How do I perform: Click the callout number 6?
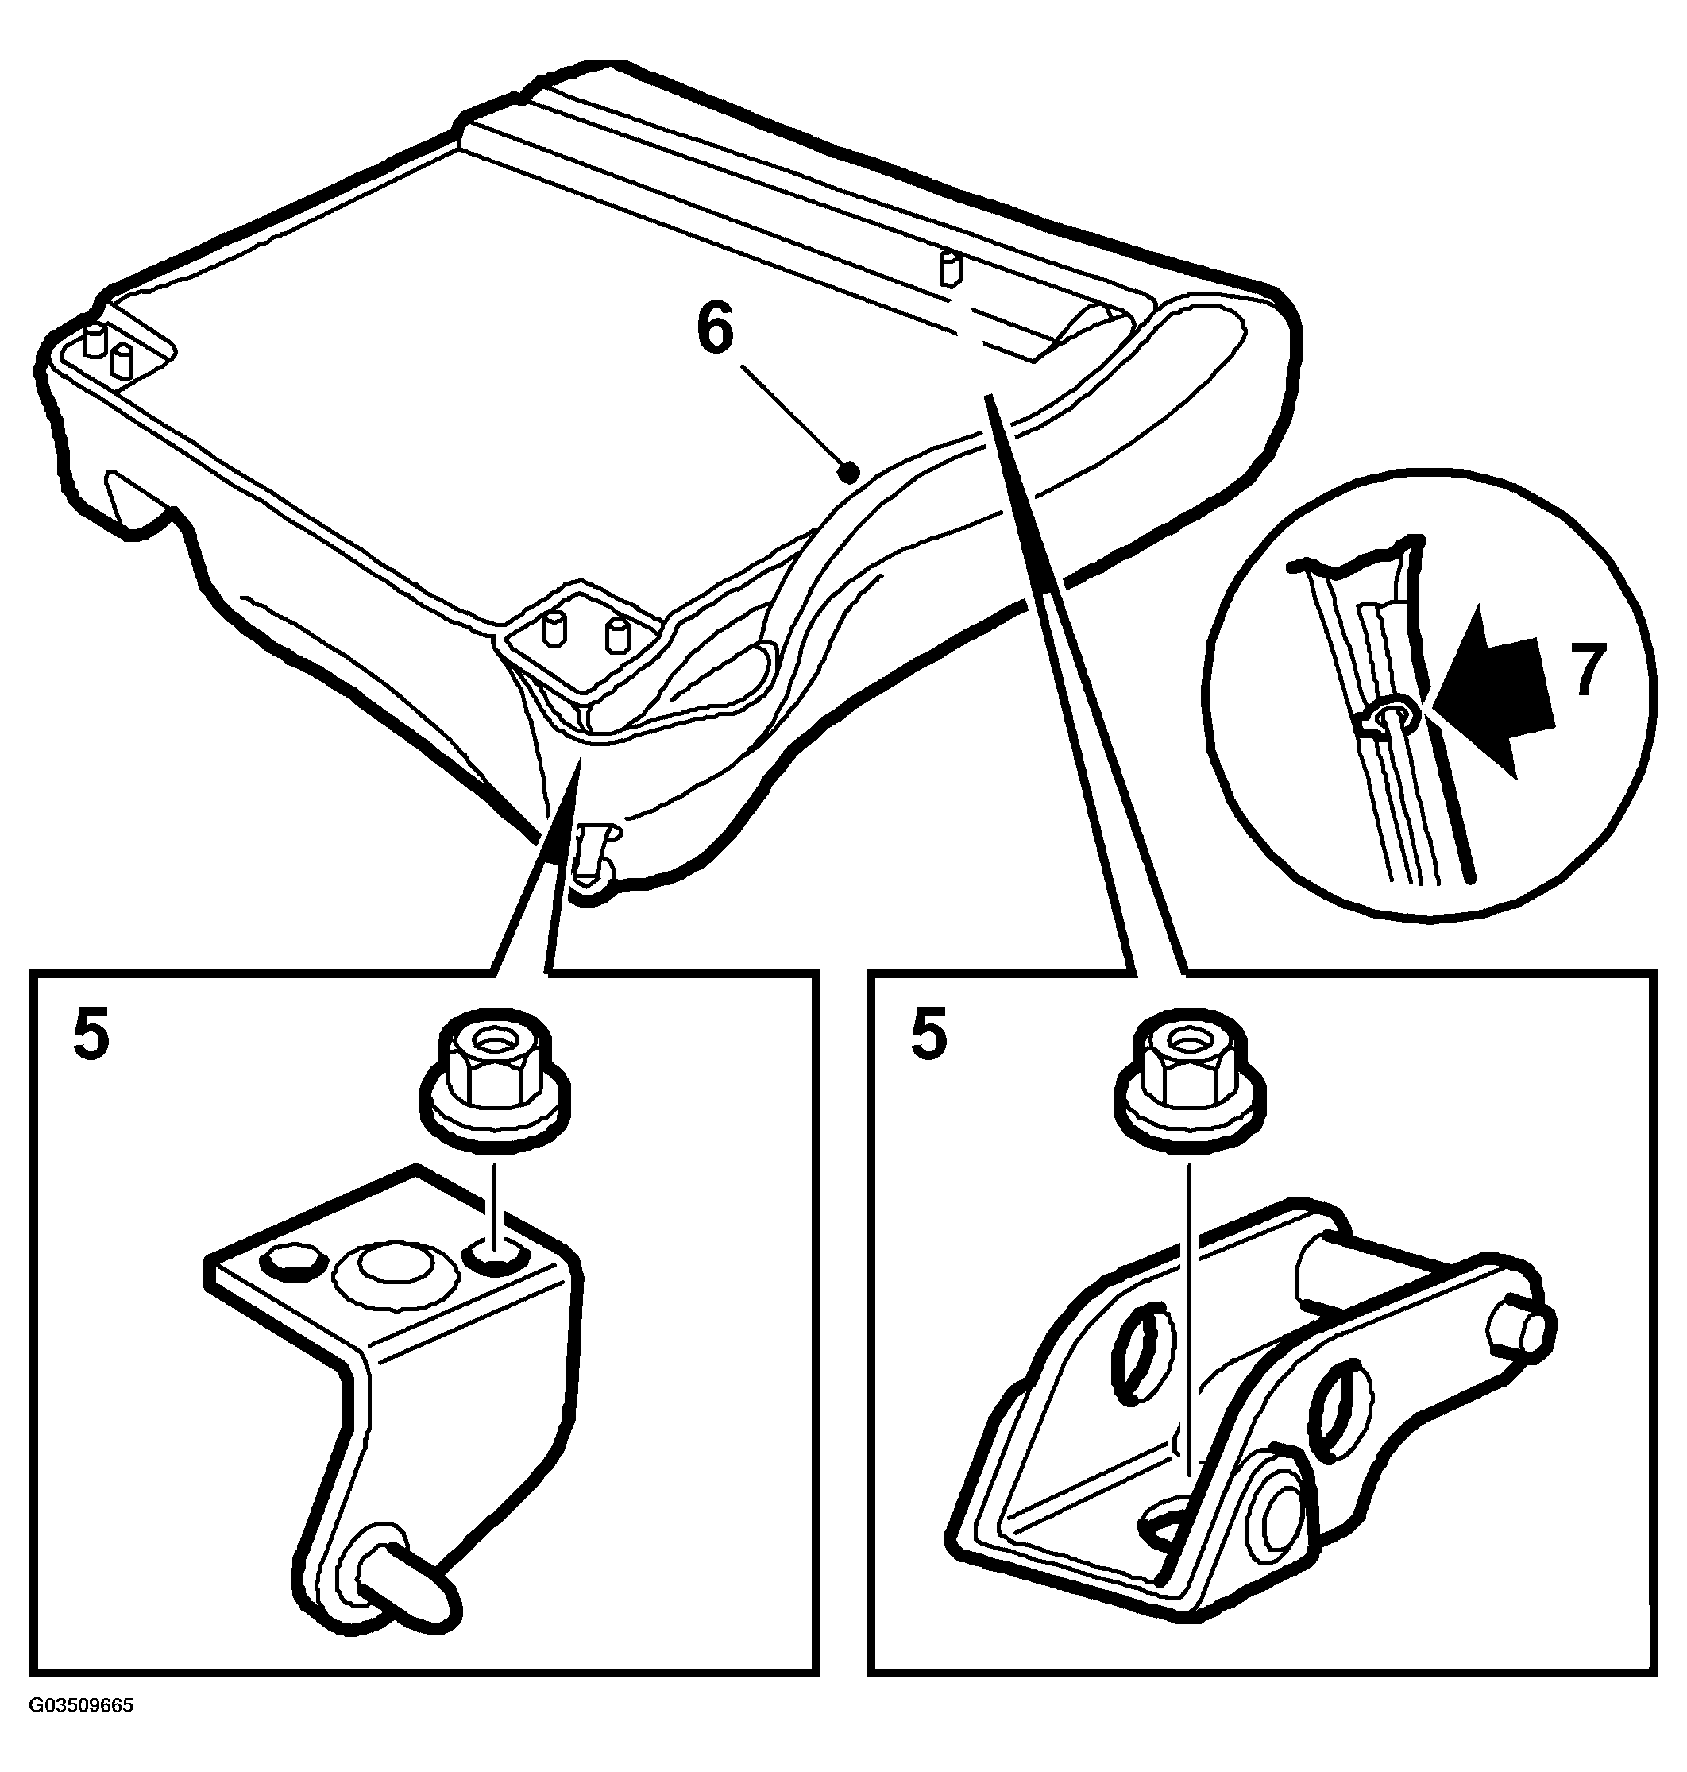(716, 331)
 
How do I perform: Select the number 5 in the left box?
(91, 1035)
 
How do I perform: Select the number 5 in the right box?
(929, 1035)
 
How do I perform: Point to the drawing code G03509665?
(82, 1731)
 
